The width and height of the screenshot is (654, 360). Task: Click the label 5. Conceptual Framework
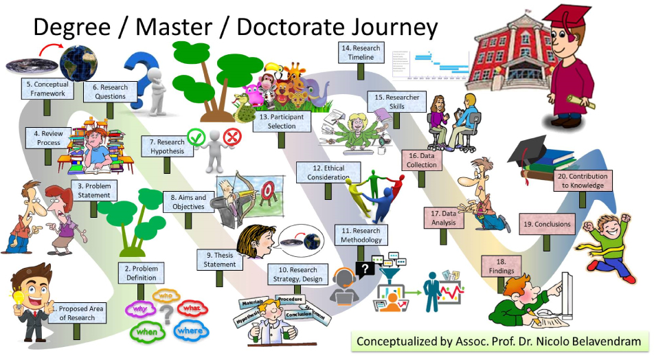(46, 89)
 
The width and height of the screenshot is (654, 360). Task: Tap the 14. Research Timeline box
(360, 53)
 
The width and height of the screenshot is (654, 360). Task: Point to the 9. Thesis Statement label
(220, 260)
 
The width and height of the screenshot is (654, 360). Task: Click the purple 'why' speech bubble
(140, 308)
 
